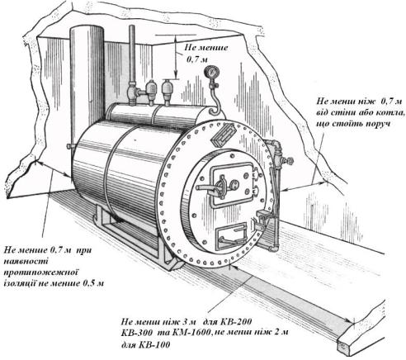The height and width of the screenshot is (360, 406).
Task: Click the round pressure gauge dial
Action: pyautogui.click(x=211, y=72)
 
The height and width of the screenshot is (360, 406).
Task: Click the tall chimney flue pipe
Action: pyautogui.click(x=87, y=83)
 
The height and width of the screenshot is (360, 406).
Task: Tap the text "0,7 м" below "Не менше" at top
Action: pyautogui.click(x=197, y=59)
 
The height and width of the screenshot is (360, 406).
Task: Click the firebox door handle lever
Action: pyautogui.click(x=207, y=188)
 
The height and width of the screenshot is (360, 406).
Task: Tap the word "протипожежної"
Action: pyautogui.click(x=40, y=272)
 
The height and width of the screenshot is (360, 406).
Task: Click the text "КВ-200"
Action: pyautogui.click(x=236, y=321)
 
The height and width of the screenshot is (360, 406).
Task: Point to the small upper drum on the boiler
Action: pyautogui.click(x=157, y=115)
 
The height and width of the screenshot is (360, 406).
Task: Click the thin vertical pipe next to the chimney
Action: pyautogui.click(x=132, y=55)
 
